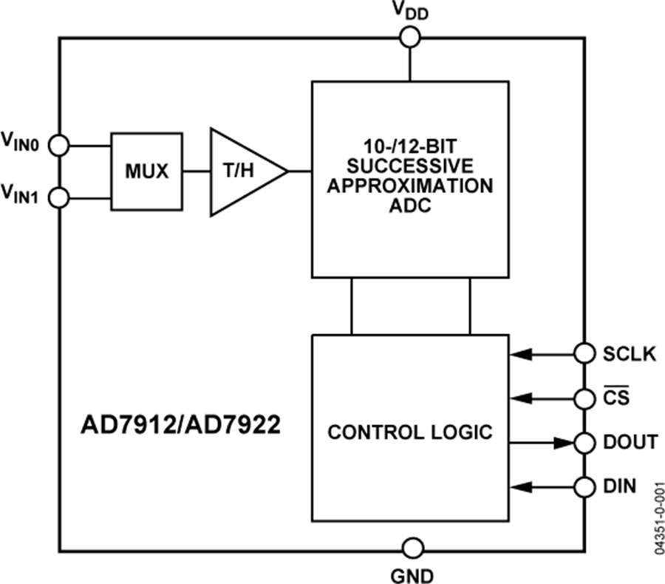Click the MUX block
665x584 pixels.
pos(146,172)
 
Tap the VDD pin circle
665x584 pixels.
pos(408,36)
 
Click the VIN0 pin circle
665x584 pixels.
pos(60,146)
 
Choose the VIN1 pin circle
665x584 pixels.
pos(60,198)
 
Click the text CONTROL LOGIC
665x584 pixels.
pos(409,432)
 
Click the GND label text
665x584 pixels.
pos(412,574)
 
